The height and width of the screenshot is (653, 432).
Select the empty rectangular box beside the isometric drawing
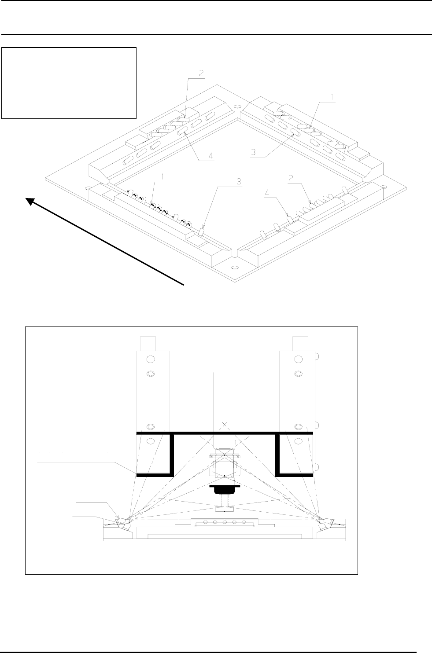coord(69,83)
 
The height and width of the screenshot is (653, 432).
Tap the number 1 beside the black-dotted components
coord(163,177)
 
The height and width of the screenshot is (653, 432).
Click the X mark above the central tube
coord(225,425)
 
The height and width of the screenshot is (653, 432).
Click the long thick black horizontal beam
coord(225,433)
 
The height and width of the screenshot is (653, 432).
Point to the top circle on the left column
coord(150,360)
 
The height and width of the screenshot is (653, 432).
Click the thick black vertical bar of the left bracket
coord(172,455)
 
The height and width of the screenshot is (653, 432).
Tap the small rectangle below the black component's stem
coord(225,510)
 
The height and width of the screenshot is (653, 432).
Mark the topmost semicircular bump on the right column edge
coord(318,355)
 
